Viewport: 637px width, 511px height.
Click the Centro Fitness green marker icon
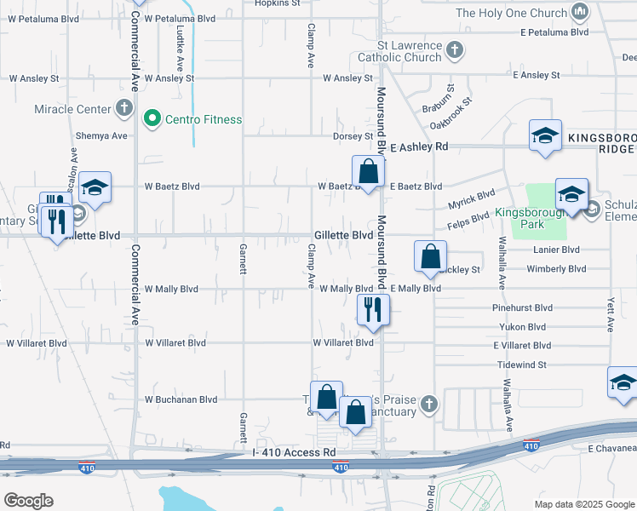coord(153,118)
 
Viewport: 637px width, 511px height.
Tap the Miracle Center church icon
coord(124,108)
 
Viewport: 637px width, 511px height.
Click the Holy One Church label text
coord(510,13)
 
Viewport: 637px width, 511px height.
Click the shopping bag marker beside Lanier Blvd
coord(431,255)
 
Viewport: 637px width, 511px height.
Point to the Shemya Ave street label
coord(101,135)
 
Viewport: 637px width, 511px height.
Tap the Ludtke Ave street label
coord(180,51)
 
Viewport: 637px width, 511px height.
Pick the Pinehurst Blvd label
coord(522,307)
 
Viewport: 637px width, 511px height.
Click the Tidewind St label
coord(521,364)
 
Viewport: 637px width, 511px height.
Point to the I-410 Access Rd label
coord(295,451)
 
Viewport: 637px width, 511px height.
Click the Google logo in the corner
coord(29,501)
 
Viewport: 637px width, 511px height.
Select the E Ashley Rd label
coord(419,146)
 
